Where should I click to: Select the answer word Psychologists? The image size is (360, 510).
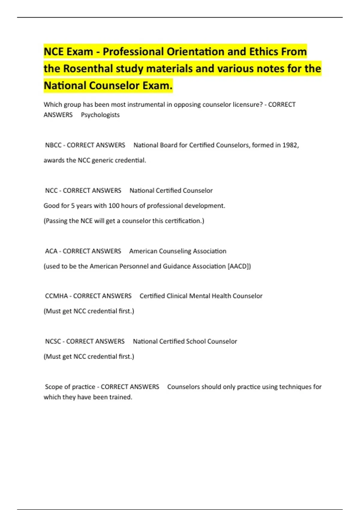(100, 115)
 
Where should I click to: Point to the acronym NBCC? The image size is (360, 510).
(53, 145)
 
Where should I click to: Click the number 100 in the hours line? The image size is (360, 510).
(114, 206)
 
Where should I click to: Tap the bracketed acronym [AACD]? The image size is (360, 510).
(239, 266)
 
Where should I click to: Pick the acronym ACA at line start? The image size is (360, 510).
(51, 251)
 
